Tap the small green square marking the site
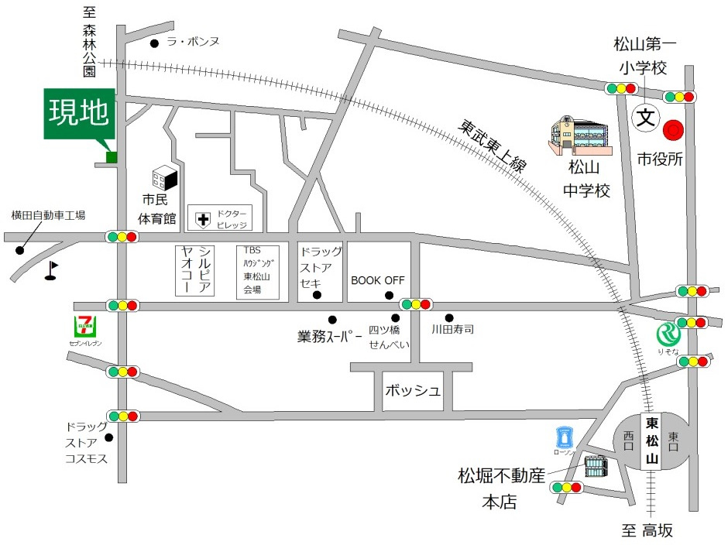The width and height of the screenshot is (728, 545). pyautogui.click(x=112, y=158)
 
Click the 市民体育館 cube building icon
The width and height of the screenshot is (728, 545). pyautogui.click(x=164, y=180)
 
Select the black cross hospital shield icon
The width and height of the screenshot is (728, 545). pyautogui.click(x=203, y=220)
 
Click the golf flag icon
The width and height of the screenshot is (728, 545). pyautogui.click(x=52, y=269)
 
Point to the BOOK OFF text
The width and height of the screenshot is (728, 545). pyautogui.click(x=378, y=280)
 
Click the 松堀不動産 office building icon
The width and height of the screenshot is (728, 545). pyautogui.click(x=596, y=467)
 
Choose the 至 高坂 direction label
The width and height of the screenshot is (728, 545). pyautogui.click(x=647, y=531)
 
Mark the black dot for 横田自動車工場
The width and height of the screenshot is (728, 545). pyautogui.click(x=19, y=250)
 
